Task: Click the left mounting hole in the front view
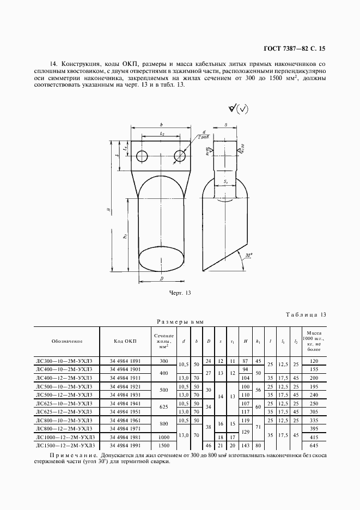[x=142, y=157]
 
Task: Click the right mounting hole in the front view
[x=180, y=157]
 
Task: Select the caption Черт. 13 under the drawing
[x=180, y=294]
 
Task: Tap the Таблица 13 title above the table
[x=306, y=314]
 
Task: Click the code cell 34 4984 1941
[x=125, y=403]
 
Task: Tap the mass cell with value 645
[x=314, y=445]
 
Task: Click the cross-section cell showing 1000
[x=163, y=438]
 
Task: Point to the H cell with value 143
[x=245, y=445]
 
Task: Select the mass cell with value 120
[x=314, y=361]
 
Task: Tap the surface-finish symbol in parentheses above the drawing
[x=238, y=109]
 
